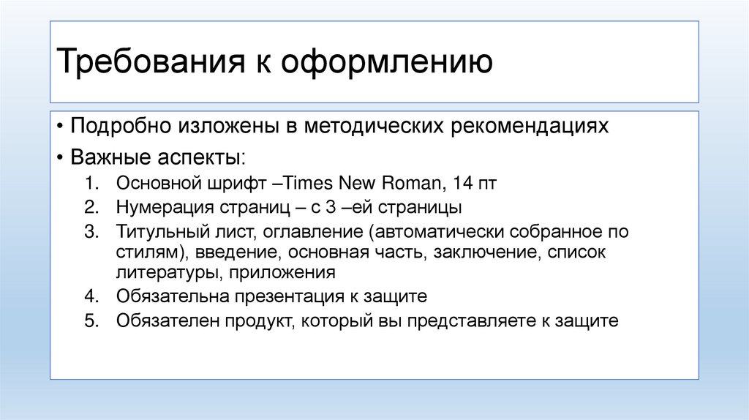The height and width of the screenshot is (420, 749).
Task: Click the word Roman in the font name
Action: tap(412, 183)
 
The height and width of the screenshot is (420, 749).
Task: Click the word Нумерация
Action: tap(157, 207)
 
